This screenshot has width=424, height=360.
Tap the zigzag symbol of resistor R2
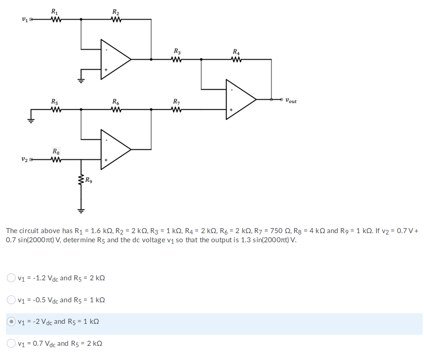click(116, 19)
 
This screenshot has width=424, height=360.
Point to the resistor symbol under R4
click(236, 59)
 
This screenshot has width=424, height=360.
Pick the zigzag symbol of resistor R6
click(116, 109)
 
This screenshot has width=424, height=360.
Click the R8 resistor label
click(56, 151)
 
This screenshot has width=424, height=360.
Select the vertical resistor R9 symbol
click(82, 180)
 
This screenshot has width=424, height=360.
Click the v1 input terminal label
click(25, 19)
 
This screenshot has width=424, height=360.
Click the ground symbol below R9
click(82, 211)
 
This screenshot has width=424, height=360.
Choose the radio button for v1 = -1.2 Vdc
click(11, 278)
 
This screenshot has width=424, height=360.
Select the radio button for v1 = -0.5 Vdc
click(11, 300)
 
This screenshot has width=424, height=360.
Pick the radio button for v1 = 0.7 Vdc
click(11, 344)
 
